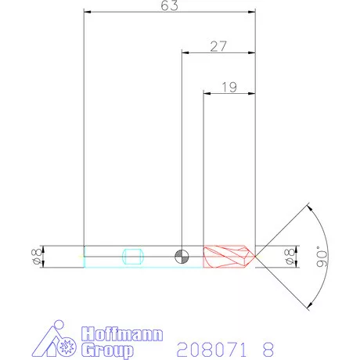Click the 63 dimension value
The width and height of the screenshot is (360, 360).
[x=169, y=6]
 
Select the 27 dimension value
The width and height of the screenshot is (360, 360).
[x=218, y=46]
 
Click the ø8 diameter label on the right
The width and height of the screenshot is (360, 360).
[x=288, y=256]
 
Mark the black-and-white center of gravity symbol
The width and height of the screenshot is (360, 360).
[x=182, y=256]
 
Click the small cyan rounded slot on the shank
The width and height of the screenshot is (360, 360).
[x=132, y=256]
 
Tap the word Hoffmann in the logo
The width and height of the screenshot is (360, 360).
[x=122, y=334]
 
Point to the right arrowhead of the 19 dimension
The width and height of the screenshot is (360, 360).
[x=252, y=93]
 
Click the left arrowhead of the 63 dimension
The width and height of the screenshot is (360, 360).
[x=87, y=13]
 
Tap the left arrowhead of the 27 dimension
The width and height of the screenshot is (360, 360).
[x=185, y=52]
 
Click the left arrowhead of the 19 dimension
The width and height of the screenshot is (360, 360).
[x=207, y=93]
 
